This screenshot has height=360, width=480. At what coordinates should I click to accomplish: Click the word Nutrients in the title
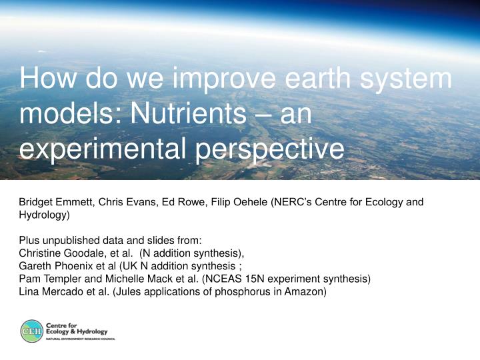click(188, 113)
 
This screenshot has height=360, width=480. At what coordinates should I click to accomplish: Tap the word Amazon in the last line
click(305, 292)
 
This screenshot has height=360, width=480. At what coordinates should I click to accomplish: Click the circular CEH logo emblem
click(32, 331)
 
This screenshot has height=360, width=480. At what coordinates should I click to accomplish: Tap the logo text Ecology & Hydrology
click(77, 331)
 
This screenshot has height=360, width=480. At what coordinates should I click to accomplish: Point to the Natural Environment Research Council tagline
click(81, 339)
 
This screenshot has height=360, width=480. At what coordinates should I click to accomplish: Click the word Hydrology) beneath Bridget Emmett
click(45, 215)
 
